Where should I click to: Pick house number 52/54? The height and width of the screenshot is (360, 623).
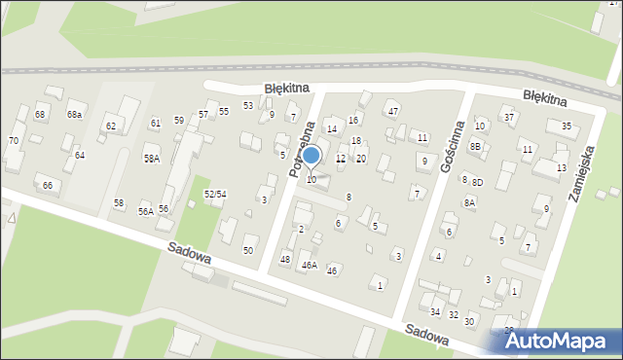(215, 195)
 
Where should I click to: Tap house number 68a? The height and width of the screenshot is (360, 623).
(75, 115)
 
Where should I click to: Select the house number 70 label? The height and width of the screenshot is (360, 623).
(14, 141)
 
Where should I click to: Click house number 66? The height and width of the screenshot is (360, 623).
(47, 186)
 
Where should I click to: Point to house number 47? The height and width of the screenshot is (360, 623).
(393, 112)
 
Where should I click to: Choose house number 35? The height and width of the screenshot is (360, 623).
(566, 126)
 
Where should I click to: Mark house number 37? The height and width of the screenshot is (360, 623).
(508, 118)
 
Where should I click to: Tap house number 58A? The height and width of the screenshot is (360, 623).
(152, 159)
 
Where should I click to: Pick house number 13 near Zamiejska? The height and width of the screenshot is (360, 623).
(561, 168)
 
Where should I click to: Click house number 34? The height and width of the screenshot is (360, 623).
(435, 311)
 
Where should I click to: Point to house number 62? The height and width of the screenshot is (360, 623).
(111, 126)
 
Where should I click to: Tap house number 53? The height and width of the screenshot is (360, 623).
(248, 105)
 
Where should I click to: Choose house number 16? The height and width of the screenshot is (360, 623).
(353, 120)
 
